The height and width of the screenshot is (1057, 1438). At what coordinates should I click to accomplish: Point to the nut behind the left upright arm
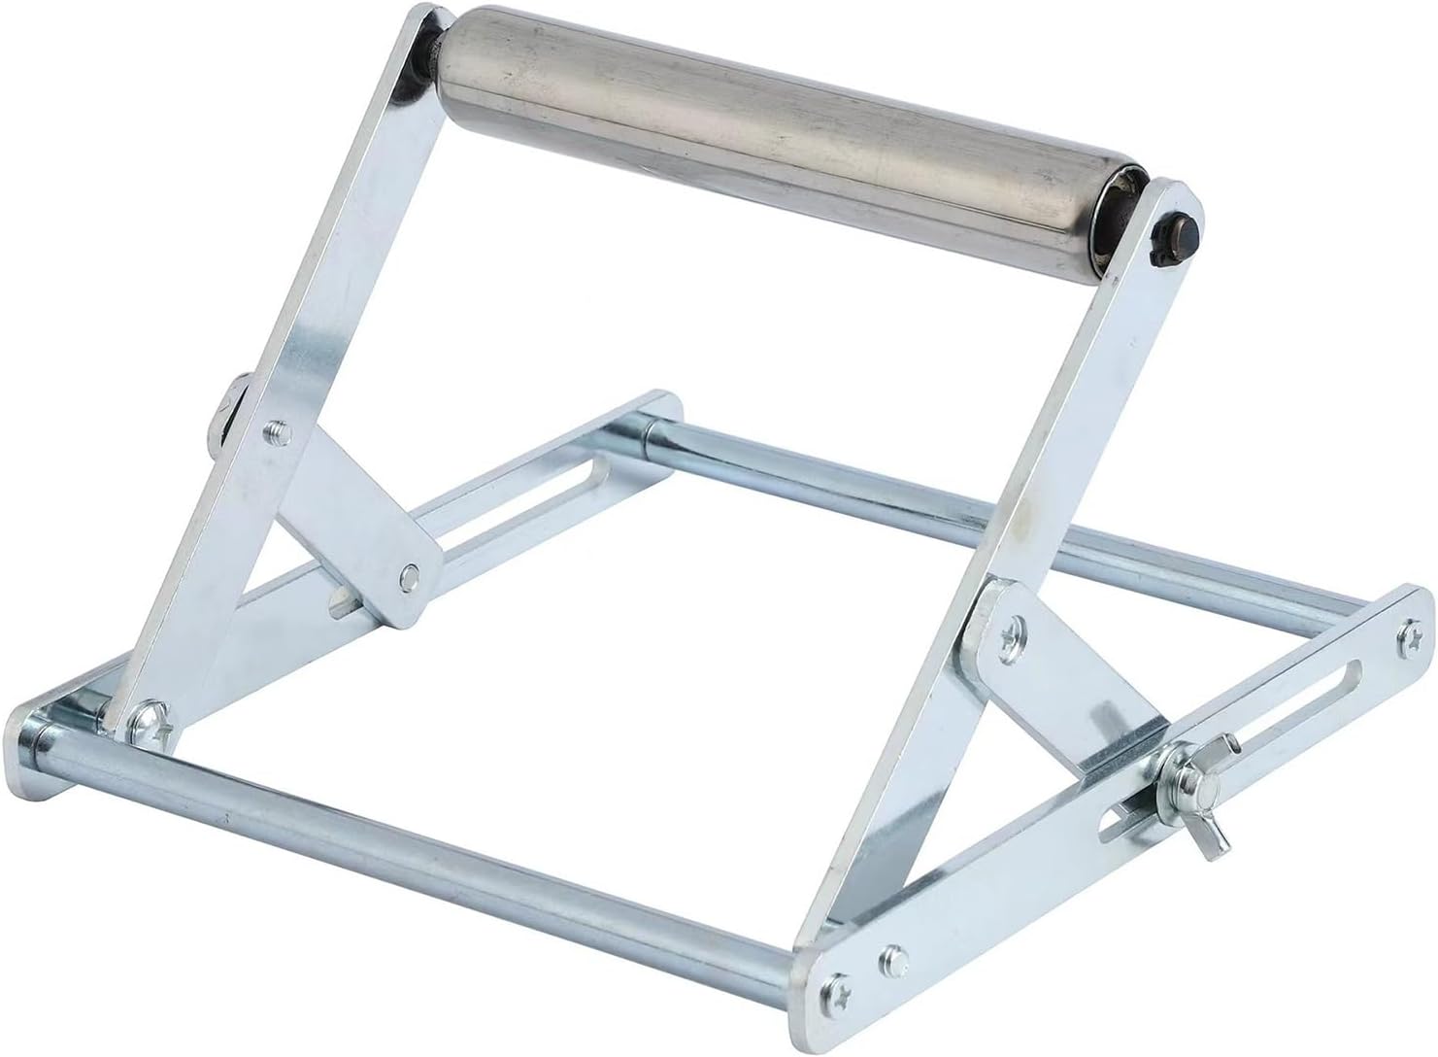point(226,418)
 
